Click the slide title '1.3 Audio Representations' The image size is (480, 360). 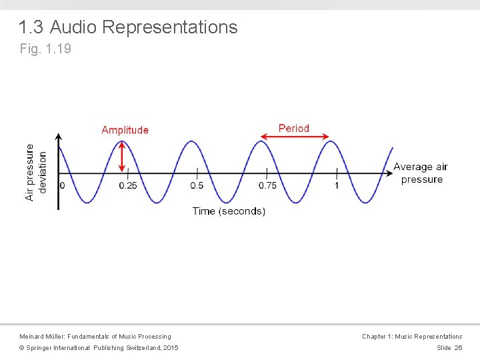tap(128, 27)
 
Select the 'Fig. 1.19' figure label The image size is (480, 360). tap(45, 49)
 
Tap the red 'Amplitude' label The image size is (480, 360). tap(125, 130)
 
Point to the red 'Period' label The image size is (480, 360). tap(294, 128)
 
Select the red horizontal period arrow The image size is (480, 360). tap(294, 137)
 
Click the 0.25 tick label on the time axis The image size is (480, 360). tap(128, 185)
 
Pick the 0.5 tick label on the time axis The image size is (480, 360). tap(197, 185)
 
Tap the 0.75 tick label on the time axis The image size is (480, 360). tap(267, 185)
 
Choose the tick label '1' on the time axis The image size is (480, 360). tap(337, 185)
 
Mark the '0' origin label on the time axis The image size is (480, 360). tap(63, 185)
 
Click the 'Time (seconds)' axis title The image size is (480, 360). tap(229, 211)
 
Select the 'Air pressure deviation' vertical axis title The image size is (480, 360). tap(36, 172)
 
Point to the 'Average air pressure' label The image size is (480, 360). tap(421, 173)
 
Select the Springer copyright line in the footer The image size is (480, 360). tap(98, 348)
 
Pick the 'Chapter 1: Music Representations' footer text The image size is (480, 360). tap(411, 337)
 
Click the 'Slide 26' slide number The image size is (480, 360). tap(449, 348)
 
